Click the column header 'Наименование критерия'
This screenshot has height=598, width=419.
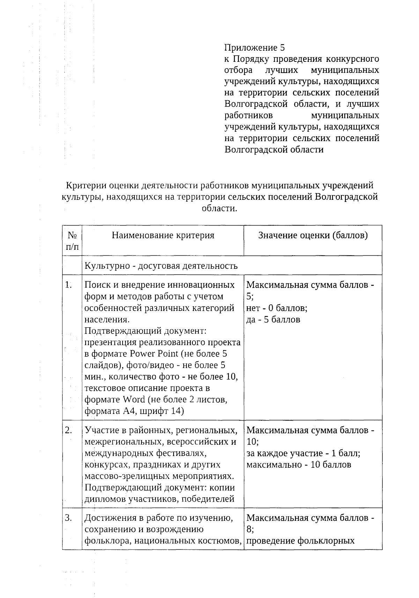[x=163, y=235]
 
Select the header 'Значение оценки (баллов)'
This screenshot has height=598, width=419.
[x=313, y=235]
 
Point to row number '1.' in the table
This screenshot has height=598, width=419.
[x=68, y=285]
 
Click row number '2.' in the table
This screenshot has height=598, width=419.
[x=68, y=430]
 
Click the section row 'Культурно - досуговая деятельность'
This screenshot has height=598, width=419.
[x=161, y=266]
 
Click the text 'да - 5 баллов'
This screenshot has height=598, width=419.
[x=273, y=319]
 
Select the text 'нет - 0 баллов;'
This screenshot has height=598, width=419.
[x=277, y=308]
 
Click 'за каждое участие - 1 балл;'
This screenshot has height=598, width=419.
[x=303, y=453]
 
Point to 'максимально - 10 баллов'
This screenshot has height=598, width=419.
[x=299, y=465]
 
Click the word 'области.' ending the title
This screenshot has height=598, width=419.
[x=219, y=208]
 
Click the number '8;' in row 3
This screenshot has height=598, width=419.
[x=250, y=529]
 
